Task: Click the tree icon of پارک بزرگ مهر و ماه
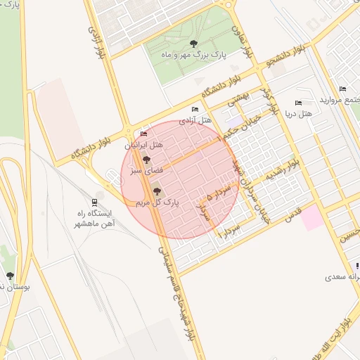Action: click(193, 44)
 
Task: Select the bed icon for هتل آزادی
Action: click(195, 110)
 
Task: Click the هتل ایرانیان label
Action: click(144, 145)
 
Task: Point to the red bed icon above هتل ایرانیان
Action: click(144, 134)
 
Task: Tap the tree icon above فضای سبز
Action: click(146, 160)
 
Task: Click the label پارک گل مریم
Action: click(157, 202)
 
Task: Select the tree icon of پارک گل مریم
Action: click(155, 190)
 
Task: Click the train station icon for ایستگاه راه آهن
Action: click(95, 201)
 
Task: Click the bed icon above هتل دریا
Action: click(298, 103)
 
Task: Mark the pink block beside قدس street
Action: click(314, 218)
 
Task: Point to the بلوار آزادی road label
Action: click(96, 42)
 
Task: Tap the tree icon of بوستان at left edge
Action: click(10, 276)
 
